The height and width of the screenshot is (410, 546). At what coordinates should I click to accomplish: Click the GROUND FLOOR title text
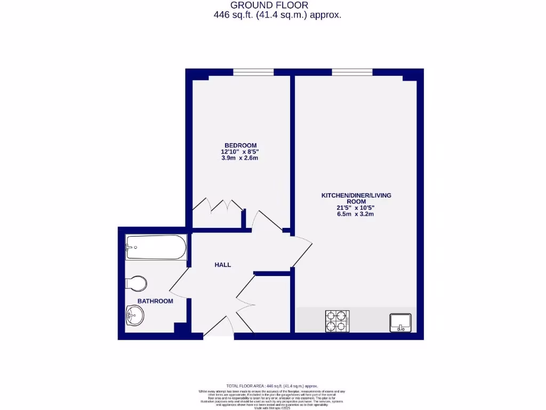[277, 5]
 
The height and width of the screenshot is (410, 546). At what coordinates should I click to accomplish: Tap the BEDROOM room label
[240, 145]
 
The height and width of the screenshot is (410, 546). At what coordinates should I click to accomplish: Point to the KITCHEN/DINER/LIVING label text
[356, 195]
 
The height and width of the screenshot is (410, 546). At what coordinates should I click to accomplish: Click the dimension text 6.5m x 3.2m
[356, 215]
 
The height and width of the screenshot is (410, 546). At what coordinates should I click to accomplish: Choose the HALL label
[223, 265]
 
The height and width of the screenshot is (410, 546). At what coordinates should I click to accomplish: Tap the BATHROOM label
[155, 301]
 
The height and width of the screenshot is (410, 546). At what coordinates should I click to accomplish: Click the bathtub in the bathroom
[156, 248]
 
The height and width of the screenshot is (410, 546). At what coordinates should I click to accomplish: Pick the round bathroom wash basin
[135, 316]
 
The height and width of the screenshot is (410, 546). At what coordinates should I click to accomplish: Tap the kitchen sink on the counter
[400, 322]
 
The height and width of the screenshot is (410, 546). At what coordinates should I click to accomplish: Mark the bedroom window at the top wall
[253, 72]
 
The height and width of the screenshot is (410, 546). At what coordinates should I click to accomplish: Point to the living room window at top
[351, 72]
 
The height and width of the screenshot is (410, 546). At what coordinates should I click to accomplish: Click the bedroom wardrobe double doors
[218, 206]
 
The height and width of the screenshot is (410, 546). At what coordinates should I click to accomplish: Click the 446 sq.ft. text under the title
[277, 15]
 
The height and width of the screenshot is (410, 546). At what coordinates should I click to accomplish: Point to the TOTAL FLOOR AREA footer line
[272, 386]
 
